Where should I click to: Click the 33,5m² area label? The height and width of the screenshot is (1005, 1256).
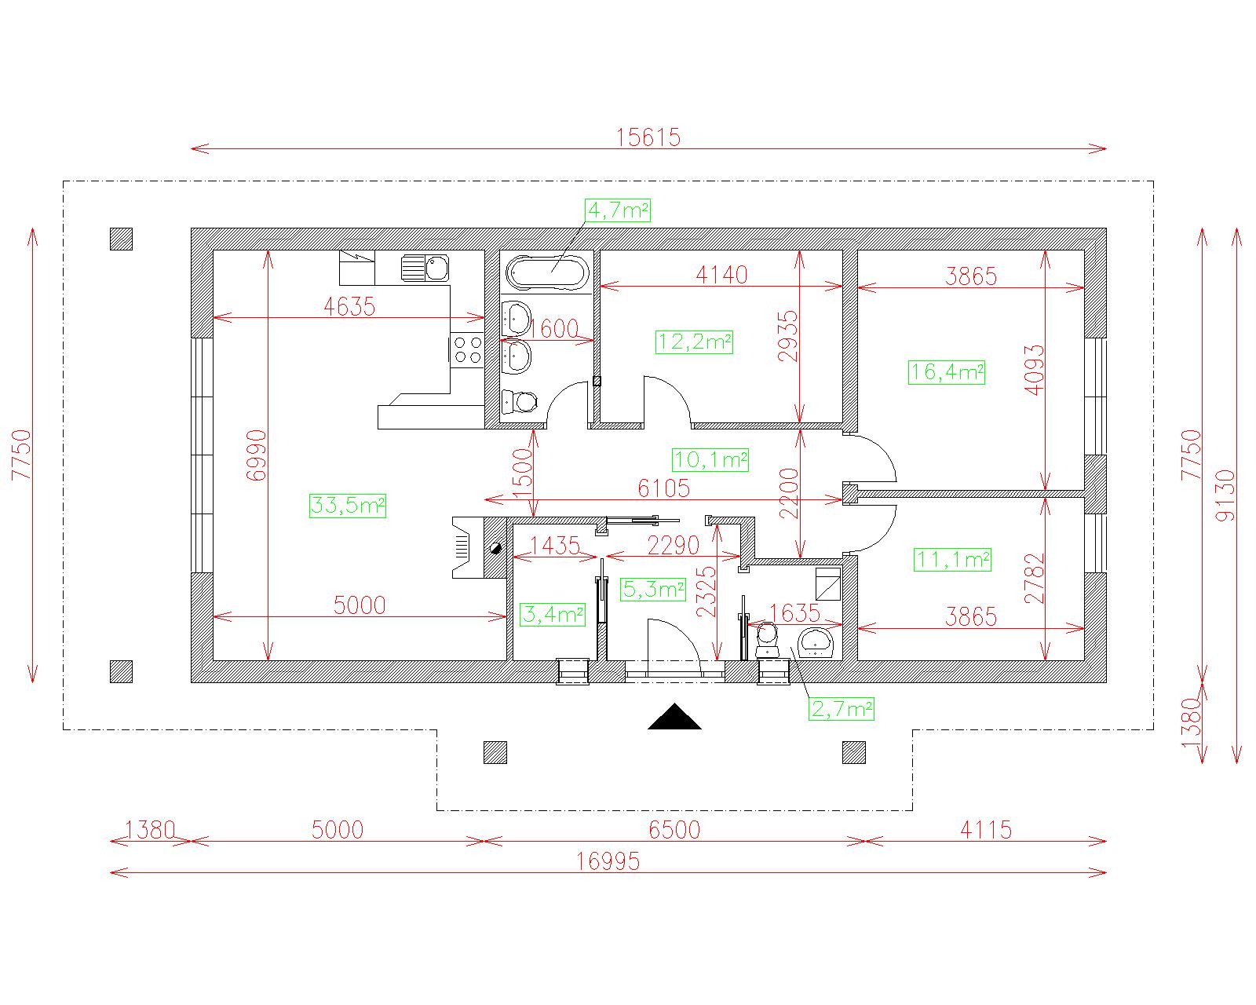click(347, 505)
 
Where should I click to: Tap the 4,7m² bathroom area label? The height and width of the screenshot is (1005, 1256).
click(618, 210)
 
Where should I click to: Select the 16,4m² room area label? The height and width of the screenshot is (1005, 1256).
click(947, 373)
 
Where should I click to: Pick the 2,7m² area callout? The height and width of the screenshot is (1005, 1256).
click(842, 709)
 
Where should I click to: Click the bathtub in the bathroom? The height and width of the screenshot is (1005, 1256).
click(547, 272)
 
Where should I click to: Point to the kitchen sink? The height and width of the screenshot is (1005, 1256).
click(425, 268)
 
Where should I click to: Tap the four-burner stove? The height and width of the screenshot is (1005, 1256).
click(468, 349)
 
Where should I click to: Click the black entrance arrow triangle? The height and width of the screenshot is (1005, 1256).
click(674, 717)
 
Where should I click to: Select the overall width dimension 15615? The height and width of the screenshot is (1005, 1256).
click(648, 138)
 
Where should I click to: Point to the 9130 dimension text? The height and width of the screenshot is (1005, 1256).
click(1225, 495)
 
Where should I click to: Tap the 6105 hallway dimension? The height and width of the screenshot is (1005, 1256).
click(663, 488)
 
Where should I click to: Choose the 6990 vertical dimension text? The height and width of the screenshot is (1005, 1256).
click(257, 455)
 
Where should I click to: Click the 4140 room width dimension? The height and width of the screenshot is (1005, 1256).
click(721, 275)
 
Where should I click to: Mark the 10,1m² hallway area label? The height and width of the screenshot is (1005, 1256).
click(710, 460)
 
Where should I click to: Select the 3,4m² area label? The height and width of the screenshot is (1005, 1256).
click(553, 614)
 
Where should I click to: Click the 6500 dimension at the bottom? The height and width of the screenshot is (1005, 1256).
click(674, 830)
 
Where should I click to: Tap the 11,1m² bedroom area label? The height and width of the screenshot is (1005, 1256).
click(952, 560)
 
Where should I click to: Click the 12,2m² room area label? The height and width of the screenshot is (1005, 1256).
click(695, 342)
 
